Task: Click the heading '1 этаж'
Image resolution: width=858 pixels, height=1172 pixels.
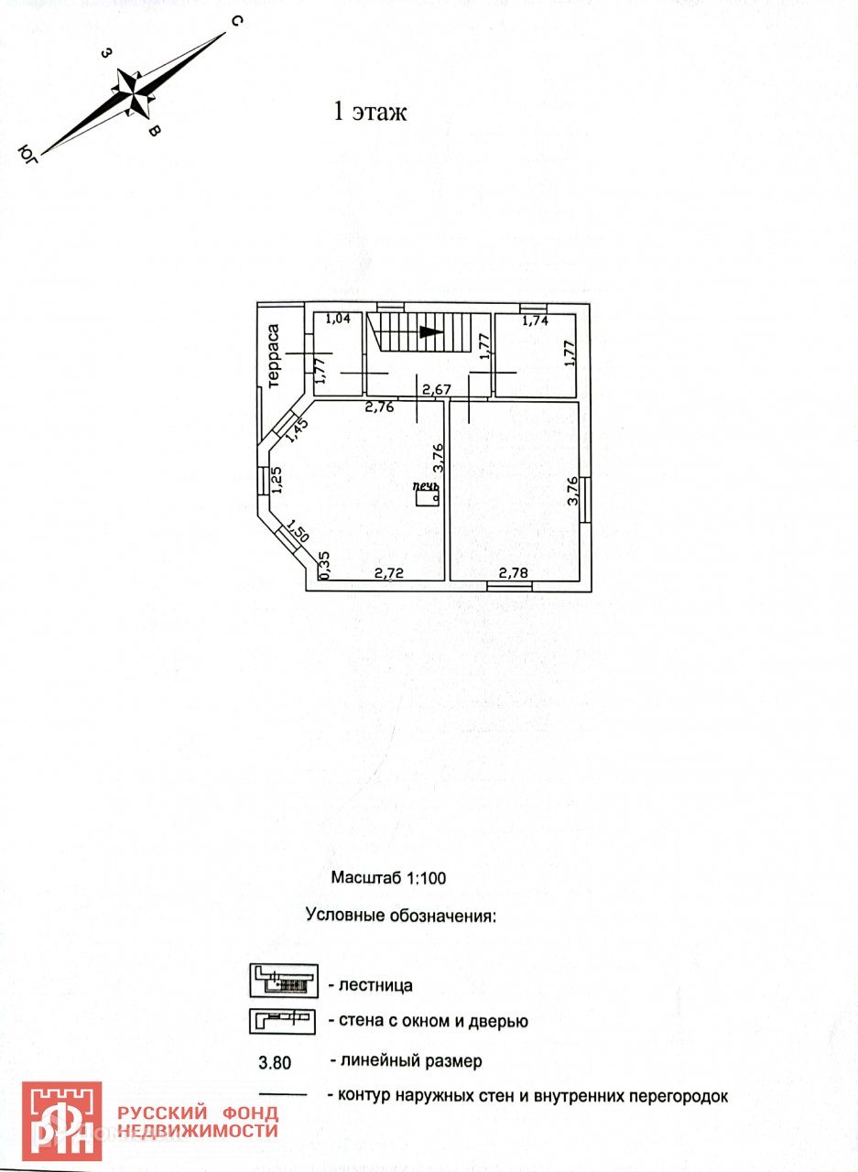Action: coord(368,113)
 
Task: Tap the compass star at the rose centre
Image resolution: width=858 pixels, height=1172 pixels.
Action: coord(135,92)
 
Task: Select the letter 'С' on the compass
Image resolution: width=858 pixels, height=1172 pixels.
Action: coord(234,22)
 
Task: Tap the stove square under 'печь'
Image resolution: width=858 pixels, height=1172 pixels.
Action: coord(427,497)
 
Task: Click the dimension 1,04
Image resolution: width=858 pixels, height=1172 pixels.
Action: coord(339,319)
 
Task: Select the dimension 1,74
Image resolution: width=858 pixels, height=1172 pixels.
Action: coord(536,320)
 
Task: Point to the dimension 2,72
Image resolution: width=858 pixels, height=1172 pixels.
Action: coord(389,573)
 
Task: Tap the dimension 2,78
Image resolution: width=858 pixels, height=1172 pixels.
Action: coord(513,573)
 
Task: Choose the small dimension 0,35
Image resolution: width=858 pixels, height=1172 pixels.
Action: coord(323,564)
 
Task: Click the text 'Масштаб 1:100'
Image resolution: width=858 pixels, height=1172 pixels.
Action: coord(388,877)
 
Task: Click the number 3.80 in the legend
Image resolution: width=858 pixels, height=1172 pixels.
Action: coord(276,1063)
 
